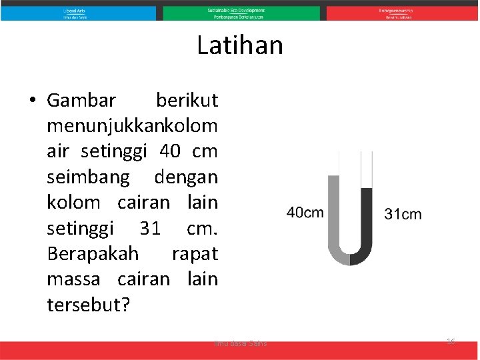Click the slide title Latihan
click(240, 46)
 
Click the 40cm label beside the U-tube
click(305, 213)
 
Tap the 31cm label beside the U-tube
click(403, 214)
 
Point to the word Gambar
click(81, 101)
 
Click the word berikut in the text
click(186, 101)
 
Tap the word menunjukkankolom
click(132, 126)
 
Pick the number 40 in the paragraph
click(170, 151)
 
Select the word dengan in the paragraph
click(186, 177)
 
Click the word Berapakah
click(93, 254)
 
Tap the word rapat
click(195, 254)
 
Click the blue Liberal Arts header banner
click(78, 13)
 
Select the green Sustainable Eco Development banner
click(241, 13)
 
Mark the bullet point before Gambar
click(32, 101)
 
